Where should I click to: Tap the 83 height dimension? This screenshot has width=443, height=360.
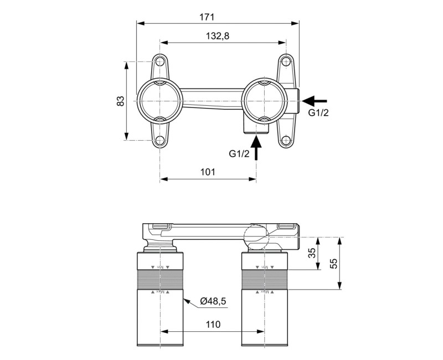click(x=120, y=101)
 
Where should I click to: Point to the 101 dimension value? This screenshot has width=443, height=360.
click(x=207, y=172)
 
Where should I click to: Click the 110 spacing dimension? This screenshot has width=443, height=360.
click(x=212, y=325)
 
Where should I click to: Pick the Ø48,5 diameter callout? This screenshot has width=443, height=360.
click(x=212, y=301)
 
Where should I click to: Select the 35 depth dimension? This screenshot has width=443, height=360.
click(x=312, y=254)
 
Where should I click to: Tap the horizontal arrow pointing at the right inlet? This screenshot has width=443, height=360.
click(x=315, y=101)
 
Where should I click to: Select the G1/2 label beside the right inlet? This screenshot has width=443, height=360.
click(x=319, y=113)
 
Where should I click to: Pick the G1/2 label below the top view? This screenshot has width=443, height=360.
click(x=239, y=153)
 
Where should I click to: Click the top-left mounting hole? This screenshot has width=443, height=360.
click(x=160, y=61)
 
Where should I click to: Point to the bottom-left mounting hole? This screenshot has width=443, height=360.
click(x=160, y=141)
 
